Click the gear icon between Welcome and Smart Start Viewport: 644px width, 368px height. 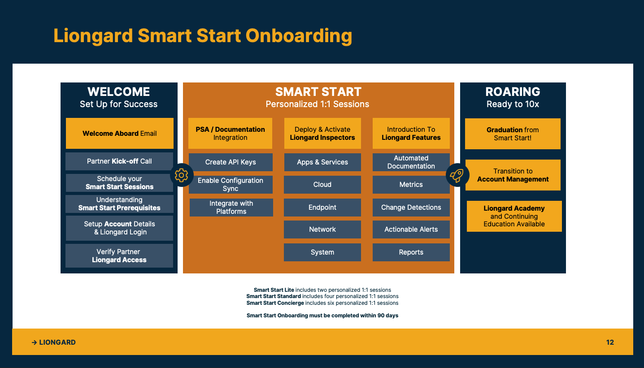click(x=182, y=175)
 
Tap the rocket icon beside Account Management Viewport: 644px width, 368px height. click(x=457, y=175)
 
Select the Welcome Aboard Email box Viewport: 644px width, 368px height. click(x=120, y=133)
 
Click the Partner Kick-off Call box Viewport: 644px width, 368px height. click(x=119, y=161)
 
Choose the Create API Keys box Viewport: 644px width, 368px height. click(x=231, y=162)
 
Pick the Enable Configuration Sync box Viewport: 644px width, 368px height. click(x=231, y=184)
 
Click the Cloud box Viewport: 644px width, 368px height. click(x=322, y=184)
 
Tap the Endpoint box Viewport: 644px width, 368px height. click(x=322, y=208)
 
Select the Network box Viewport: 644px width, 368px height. click(x=322, y=229)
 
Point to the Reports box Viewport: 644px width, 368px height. click(x=411, y=252)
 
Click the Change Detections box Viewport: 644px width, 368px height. click(x=411, y=208)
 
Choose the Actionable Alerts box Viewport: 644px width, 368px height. click(x=411, y=229)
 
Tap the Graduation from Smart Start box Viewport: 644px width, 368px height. click(x=513, y=134)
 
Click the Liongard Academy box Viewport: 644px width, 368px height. click(x=514, y=216)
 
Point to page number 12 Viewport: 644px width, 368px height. click(x=610, y=342)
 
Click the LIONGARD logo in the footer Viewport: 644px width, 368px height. click(x=53, y=342)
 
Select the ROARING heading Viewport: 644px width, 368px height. click(x=513, y=91)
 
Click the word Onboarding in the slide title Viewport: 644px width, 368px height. click(x=299, y=36)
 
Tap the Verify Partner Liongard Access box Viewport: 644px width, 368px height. click(x=119, y=255)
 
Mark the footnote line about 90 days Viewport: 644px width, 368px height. click(x=322, y=316)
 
